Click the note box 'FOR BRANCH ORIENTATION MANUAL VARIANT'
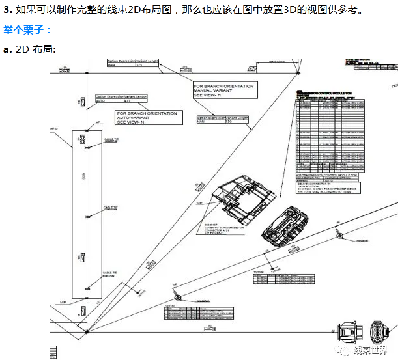click(224, 90)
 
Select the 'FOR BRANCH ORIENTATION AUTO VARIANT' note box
click(147, 117)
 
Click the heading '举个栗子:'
click(28, 30)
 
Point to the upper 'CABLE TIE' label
click(110, 140)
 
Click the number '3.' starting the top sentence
click(8, 10)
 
